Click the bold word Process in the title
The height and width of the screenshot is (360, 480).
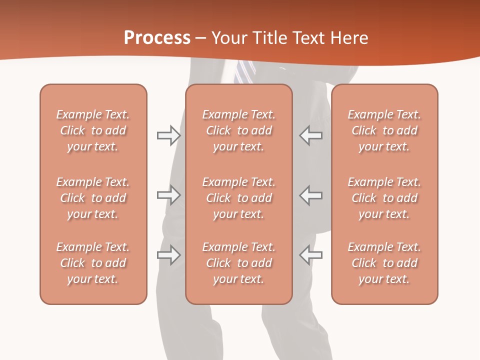157,38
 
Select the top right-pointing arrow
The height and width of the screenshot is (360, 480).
168,135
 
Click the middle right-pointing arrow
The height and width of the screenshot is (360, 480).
168,195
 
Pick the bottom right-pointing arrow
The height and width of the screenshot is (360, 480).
168,255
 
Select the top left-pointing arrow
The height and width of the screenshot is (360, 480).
310,135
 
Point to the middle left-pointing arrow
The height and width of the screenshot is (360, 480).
310,195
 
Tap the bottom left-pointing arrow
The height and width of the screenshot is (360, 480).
310,255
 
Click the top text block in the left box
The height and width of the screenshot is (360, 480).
93,130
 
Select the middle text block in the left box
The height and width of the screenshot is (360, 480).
93,198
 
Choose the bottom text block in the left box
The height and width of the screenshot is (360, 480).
93,263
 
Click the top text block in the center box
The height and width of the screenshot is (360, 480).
238,130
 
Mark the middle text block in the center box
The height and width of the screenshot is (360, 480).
238,198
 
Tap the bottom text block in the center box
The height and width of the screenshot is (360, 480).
238,263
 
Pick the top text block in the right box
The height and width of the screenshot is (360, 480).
384,130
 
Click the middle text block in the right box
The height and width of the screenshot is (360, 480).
384,198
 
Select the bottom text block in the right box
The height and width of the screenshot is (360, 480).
384,263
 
